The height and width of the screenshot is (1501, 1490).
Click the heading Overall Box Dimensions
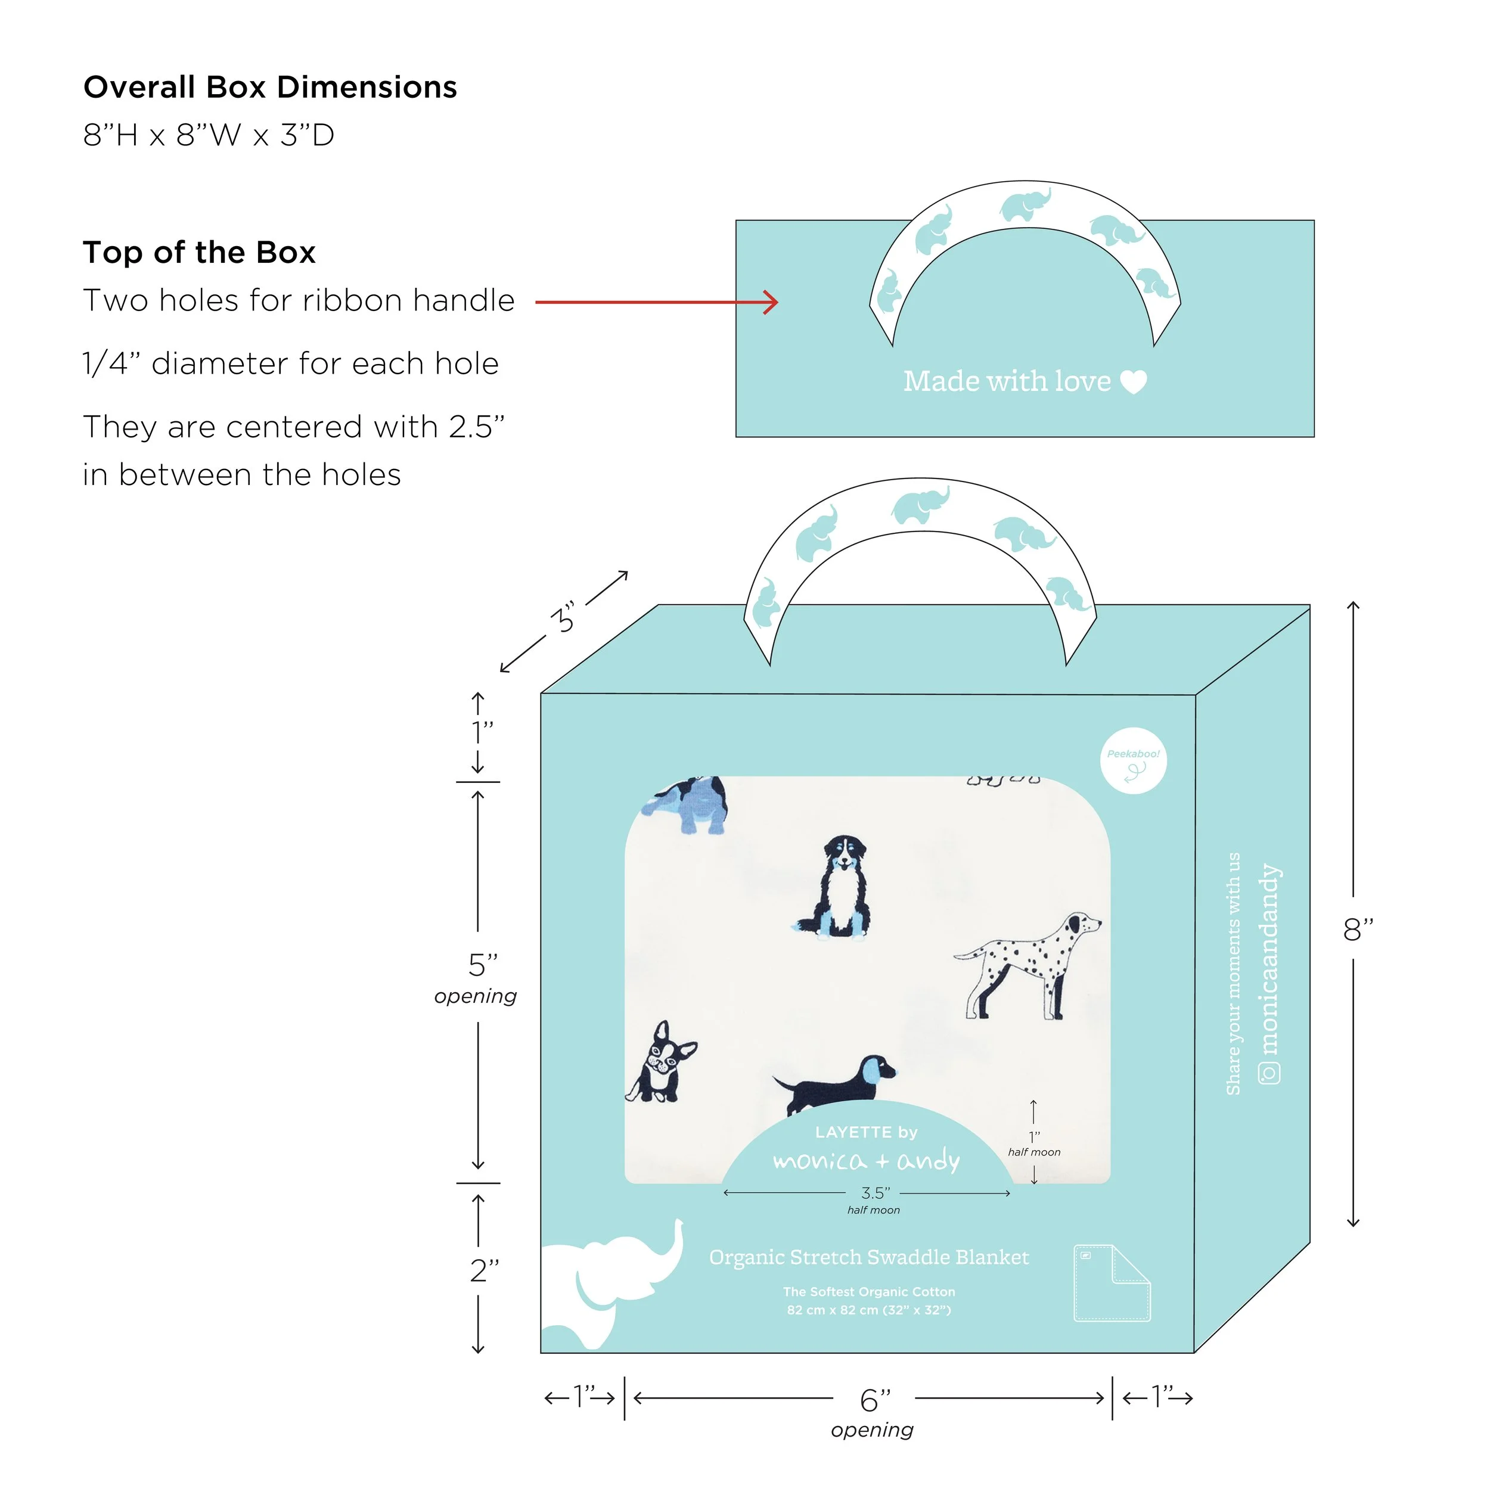click(x=270, y=87)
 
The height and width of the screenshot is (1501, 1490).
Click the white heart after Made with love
click(x=1132, y=381)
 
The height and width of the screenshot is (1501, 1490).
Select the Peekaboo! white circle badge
click(x=1132, y=760)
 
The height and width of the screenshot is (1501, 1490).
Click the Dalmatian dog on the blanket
click(x=1028, y=964)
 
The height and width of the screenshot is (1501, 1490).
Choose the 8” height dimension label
click(x=1357, y=928)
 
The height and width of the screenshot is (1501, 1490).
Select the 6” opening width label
click(x=874, y=1400)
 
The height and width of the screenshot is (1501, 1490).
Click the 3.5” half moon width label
click(x=874, y=1192)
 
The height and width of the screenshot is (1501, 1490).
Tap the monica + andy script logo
click(x=866, y=1161)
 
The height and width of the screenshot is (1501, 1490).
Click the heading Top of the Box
click(x=199, y=253)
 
